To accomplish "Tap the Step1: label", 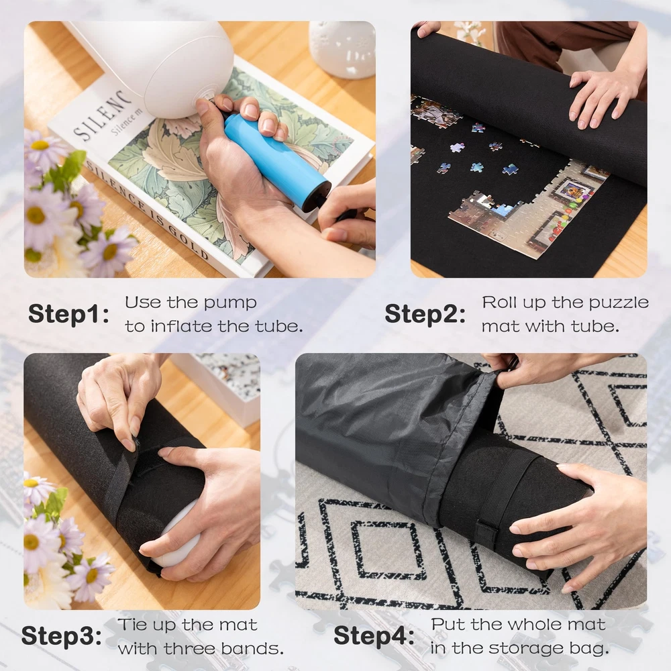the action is (68, 315).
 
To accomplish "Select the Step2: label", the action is (425, 315).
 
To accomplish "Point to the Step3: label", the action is (62, 636).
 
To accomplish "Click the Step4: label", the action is (374, 636).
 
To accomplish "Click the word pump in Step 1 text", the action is (229, 303).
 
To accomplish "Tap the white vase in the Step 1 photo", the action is (342, 49).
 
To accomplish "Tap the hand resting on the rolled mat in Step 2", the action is (603, 99).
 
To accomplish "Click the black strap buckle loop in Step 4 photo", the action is (487, 532).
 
